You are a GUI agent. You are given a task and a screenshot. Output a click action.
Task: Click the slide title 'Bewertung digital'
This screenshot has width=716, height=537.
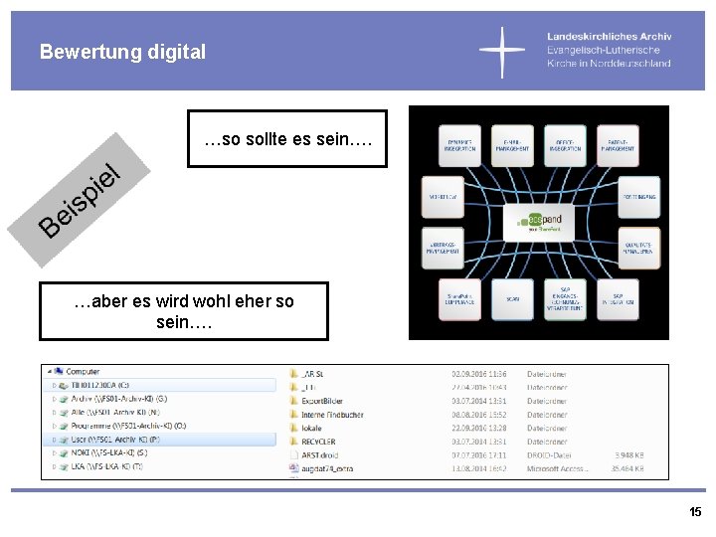123,52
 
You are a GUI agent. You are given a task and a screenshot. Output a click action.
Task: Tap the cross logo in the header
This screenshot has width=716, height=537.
502,53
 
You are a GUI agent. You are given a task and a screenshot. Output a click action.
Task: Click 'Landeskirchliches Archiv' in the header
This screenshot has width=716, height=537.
609,37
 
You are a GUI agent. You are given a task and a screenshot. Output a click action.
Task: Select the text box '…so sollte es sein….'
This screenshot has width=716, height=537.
288,138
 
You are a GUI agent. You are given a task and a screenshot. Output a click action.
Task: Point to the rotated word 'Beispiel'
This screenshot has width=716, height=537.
80,199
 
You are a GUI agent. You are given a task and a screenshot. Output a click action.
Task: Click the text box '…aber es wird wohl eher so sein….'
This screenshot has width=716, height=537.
184,311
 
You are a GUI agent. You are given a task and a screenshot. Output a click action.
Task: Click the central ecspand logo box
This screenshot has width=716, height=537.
539,221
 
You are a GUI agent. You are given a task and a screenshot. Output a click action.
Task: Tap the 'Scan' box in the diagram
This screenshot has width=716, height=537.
512,297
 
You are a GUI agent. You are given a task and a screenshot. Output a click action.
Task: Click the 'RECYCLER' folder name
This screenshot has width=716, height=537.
318,442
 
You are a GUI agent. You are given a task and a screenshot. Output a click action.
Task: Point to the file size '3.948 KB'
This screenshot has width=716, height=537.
626,454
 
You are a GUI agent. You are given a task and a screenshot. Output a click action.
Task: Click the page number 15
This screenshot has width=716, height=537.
695,512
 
